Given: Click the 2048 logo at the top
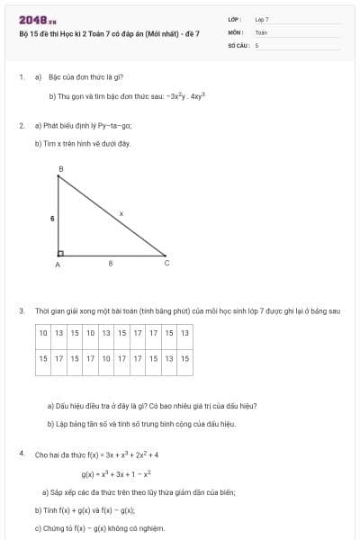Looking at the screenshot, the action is [x=37, y=21].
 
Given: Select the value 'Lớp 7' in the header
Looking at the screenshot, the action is [x=262, y=19].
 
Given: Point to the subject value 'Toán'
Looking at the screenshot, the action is [x=261, y=31].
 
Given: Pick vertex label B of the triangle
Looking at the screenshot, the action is [x=60, y=169].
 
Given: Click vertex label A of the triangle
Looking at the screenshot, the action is [x=58, y=265].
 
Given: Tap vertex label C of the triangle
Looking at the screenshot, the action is [x=166, y=264].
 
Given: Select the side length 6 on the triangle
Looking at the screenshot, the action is [x=52, y=218].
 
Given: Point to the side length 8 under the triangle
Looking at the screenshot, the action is [x=111, y=264].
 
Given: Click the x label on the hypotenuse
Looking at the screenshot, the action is [x=121, y=213].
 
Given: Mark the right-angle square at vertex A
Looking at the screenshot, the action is [x=61, y=253].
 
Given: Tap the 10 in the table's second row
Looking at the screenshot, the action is [x=104, y=358].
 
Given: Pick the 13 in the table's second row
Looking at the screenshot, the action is [x=168, y=358].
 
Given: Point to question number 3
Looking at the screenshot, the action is [x=22, y=311].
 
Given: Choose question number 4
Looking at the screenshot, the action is [x=22, y=454].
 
